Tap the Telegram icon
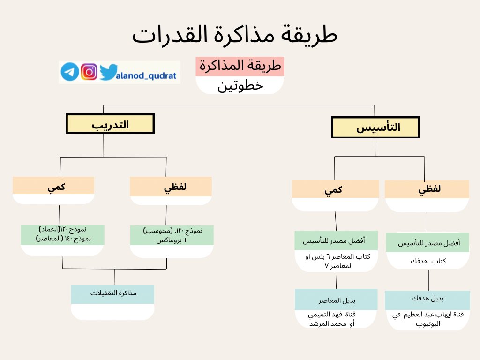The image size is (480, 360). tap(69, 72)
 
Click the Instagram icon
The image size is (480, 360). tap(89, 72)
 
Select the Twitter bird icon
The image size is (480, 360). tap(107, 72)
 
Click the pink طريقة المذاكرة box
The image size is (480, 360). tap(240, 67)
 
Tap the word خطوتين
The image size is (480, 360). tap(240, 86)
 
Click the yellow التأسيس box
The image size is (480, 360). tap(375, 127)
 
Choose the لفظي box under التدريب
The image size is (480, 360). tap(171, 186)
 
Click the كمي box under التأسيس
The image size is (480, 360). tap(335, 189)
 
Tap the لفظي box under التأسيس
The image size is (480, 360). tap(427, 189)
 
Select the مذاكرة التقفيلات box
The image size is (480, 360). tap(112, 293)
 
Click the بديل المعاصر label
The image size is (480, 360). tap(336, 300)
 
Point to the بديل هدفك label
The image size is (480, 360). tap(427, 299)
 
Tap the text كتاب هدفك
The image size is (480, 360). tap(427, 261)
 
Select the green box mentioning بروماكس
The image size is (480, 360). tap(172, 235)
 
